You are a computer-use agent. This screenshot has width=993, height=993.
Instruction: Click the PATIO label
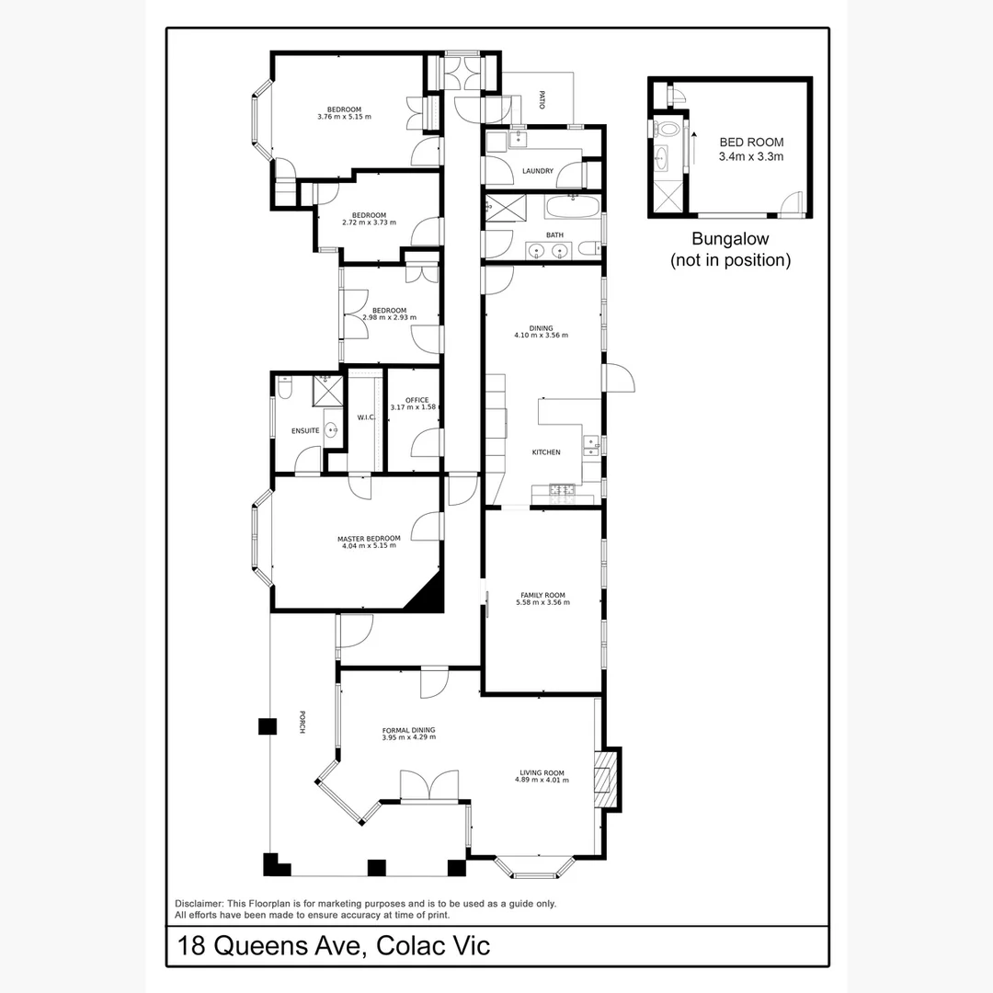point(542,99)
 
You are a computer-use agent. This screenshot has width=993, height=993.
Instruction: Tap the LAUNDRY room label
point(537,171)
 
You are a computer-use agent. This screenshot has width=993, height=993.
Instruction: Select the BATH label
point(554,234)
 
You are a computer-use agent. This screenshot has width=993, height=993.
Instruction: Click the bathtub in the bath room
point(572,207)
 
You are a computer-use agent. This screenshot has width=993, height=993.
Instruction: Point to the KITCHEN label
point(546,452)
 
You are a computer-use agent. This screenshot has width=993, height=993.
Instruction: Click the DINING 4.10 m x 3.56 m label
point(542,332)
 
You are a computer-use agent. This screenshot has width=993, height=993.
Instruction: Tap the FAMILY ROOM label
point(542,599)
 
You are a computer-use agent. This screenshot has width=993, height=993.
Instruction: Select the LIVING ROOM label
point(542,776)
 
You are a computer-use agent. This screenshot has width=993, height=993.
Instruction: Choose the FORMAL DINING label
point(409,733)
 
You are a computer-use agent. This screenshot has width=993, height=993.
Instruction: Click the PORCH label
point(301,723)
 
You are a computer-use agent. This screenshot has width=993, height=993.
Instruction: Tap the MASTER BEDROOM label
point(369,542)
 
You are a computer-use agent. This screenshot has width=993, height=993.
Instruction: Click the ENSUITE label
point(305,430)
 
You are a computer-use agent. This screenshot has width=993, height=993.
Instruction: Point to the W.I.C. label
point(366,417)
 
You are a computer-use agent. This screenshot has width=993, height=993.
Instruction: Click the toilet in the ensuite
point(284,390)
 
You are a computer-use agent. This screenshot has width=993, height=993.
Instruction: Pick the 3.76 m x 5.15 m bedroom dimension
point(344,117)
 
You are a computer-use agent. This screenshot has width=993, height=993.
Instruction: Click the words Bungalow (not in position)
point(730,249)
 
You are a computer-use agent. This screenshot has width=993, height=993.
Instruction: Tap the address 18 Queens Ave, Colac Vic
point(334,945)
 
